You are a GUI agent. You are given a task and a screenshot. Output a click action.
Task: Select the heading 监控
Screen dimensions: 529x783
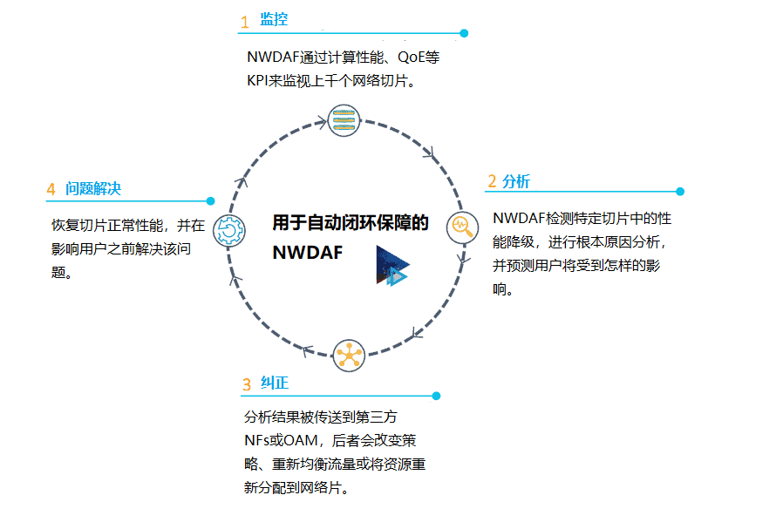click(274, 20)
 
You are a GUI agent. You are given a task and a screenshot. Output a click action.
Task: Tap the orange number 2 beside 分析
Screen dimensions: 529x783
click(492, 181)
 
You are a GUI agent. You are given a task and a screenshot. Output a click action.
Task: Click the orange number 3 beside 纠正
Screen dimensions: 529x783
click(247, 383)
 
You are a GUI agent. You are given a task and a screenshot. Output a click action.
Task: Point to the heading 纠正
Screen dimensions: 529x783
click(274, 383)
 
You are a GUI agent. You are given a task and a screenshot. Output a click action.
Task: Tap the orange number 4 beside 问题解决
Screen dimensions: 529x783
click(51, 189)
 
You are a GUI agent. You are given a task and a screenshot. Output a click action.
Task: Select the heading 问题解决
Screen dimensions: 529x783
click(92, 189)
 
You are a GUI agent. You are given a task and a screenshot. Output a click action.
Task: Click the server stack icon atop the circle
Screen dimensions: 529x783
click(344, 119)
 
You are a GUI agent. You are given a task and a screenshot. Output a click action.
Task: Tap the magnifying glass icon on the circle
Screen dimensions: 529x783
click(461, 228)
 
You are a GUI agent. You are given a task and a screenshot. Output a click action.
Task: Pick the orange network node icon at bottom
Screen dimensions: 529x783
click(348, 355)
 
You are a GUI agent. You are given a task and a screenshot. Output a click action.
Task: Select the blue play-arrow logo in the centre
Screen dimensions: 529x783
click(391, 266)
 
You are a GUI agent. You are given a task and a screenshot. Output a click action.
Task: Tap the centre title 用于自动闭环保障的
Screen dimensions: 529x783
click(351, 223)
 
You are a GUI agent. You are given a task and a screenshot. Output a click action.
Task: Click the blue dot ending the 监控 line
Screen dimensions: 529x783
click(464, 33)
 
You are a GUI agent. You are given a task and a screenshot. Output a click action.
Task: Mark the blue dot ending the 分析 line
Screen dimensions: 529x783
click(680, 192)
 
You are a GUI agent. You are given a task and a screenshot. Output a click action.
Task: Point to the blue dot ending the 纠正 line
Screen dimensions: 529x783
click(436, 396)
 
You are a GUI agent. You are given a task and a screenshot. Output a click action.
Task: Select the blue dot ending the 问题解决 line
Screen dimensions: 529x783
click(210, 201)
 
